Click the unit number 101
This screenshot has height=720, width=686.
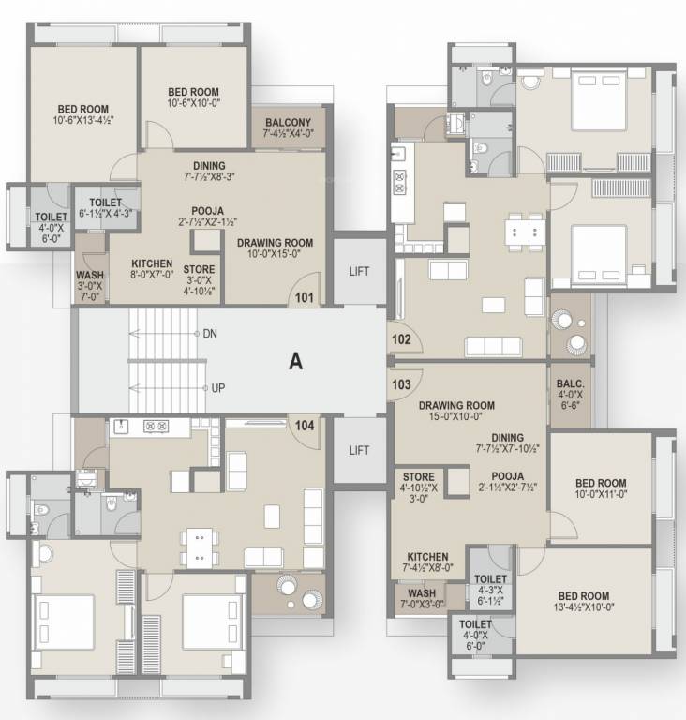tap(305, 299)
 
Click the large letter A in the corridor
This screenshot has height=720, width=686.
tap(296, 361)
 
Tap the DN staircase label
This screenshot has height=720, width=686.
tap(210, 334)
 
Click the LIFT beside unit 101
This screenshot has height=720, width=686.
tap(360, 272)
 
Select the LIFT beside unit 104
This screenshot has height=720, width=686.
tap(360, 450)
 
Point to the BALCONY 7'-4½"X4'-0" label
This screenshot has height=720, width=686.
tap(288, 128)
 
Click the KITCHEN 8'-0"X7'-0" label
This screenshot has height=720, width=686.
tap(152, 269)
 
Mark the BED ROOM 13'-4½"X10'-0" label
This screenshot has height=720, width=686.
tap(583, 601)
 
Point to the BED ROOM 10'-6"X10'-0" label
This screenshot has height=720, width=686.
tap(193, 97)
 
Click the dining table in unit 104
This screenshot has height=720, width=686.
tap(196, 548)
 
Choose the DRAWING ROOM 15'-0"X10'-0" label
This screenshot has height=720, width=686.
tap(457, 412)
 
